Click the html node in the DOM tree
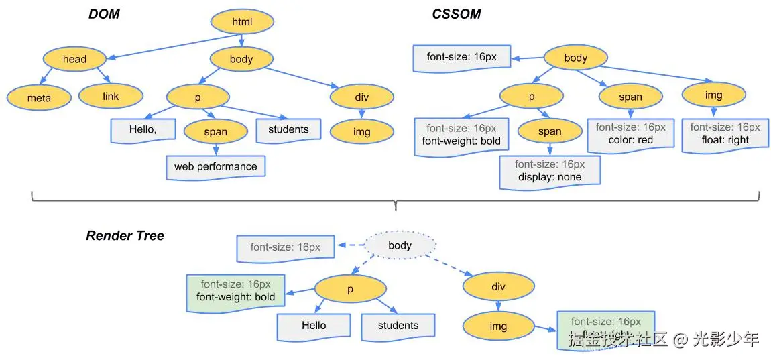(x=242, y=22)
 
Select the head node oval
(x=74, y=59)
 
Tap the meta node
(x=39, y=98)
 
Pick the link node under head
(x=111, y=97)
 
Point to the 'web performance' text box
(x=215, y=166)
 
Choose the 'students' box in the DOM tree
(x=288, y=129)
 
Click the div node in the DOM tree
(x=361, y=97)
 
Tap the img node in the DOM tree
(x=361, y=132)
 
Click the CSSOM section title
(x=456, y=14)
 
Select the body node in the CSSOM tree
(x=575, y=58)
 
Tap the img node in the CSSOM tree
(x=713, y=95)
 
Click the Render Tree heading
(x=125, y=236)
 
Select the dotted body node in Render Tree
(x=400, y=246)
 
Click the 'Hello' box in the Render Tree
(x=313, y=326)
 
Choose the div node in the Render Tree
(x=497, y=287)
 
